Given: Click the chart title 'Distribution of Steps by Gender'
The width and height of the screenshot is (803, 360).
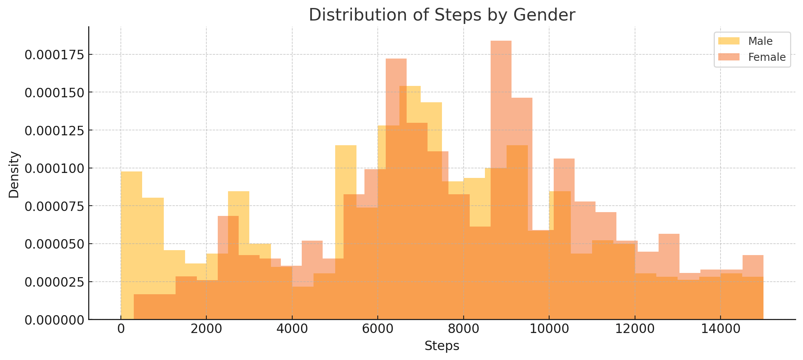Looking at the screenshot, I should pos(442,15).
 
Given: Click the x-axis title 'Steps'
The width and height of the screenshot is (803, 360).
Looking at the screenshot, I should pos(442,346).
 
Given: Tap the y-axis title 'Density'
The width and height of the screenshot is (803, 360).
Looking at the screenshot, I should pos(14,174).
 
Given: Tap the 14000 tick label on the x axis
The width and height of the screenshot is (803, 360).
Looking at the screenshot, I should pos(721,329).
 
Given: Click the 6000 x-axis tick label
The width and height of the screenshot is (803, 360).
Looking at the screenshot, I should pos(378,329).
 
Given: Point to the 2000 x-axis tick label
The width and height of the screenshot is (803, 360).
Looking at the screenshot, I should pos(206,329).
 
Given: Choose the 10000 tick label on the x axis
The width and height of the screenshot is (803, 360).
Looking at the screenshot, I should pos(549,329).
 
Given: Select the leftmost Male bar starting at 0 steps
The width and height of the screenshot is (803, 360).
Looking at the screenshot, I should pos(131,228).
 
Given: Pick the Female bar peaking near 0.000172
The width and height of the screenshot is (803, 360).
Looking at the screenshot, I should pos(396,91).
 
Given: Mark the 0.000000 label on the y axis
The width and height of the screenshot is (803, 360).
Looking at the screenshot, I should pos(54,320).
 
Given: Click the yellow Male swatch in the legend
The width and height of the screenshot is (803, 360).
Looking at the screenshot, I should pos(726,41).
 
